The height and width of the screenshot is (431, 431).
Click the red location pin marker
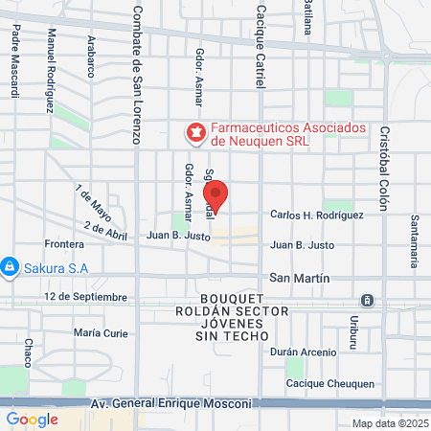pos(217,197)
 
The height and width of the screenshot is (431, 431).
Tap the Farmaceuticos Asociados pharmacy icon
pos(195,130)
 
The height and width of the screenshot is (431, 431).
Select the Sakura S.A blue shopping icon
pos(9,265)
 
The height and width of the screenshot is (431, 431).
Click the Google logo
pos(32,419)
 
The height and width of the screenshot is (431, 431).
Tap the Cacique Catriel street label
pos(260,46)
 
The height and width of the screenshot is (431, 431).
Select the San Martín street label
pos(300,278)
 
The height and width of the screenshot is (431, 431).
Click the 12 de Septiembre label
pos(84,297)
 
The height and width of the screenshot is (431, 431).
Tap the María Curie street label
pos(101,333)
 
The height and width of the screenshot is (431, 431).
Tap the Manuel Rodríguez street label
pos(50,70)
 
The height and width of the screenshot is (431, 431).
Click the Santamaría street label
pos(415,240)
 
